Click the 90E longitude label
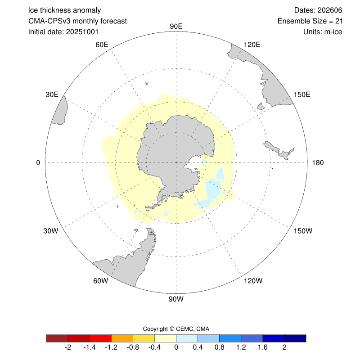(176, 26)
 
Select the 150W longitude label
(302, 231)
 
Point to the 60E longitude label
(102, 45)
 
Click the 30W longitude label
(50, 231)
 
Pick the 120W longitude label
(252, 281)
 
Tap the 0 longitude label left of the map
(39, 162)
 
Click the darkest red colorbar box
(57, 338)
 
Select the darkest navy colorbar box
(295, 338)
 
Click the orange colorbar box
(122, 338)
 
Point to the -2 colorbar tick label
(67, 348)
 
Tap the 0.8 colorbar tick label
(219, 348)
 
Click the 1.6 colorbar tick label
(262, 348)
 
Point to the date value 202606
(319, 10)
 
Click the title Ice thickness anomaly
(64, 10)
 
